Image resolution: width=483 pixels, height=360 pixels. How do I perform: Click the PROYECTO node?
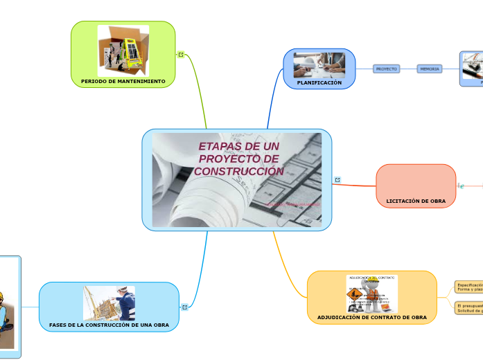point(386,69)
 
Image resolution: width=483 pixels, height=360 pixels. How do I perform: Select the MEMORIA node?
point(430,69)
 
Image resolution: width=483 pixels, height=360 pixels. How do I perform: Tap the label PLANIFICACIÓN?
point(319,82)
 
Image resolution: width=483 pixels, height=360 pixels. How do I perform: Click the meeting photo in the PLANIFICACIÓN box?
point(319,64)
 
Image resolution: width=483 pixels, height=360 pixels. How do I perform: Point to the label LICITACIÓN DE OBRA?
point(416,201)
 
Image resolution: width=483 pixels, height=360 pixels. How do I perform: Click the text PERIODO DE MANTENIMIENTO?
point(123,81)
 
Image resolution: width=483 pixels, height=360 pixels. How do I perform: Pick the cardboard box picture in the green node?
point(123,51)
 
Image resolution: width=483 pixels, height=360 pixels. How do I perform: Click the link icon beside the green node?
point(181,55)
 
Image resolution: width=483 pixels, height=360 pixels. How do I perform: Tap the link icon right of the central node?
point(337,180)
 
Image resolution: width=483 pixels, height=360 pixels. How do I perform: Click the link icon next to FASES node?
point(185,307)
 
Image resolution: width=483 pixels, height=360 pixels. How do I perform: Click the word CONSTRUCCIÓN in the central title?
point(239,171)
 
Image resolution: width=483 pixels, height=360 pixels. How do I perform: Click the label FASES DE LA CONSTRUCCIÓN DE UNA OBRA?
point(109,325)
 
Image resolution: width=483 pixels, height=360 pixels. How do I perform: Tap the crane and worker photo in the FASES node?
point(109,303)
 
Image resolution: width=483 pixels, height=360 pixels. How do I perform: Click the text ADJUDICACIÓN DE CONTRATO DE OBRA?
point(372,317)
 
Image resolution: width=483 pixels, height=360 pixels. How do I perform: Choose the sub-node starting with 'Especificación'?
point(468,287)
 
